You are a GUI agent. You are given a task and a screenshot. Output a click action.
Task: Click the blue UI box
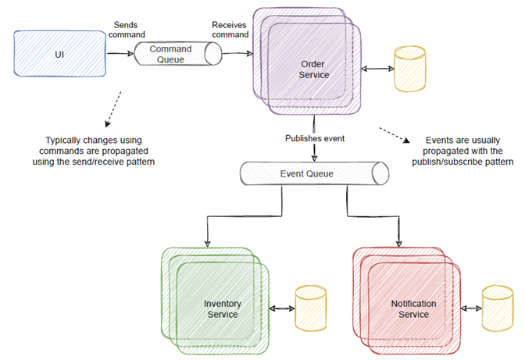tap(59, 53)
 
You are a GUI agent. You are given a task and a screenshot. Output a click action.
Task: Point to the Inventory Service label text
tap(222, 308)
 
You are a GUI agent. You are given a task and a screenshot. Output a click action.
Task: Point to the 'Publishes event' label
tap(315, 138)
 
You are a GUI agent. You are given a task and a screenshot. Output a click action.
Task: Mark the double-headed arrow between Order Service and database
tap(377, 70)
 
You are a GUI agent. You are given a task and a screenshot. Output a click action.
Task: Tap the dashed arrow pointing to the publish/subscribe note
tap(395, 134)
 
